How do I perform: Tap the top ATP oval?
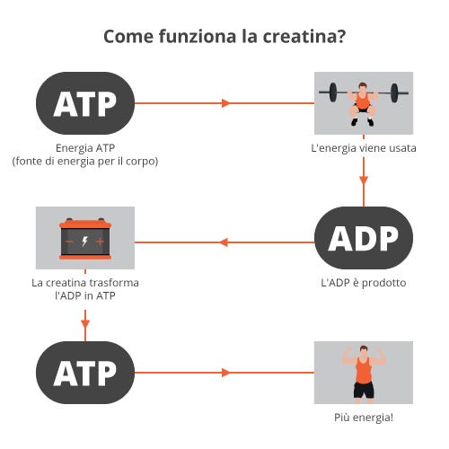(85, 103)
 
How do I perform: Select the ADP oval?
(364, 238)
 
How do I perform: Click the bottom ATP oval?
(85, 373)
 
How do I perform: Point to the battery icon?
(85, 239)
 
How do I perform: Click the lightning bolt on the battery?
(85, 241)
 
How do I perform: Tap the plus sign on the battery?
(101, 242)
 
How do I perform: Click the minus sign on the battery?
(69, 242)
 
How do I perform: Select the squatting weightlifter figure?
(363, 104)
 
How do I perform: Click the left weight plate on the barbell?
(333, 92)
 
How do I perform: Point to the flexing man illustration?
(364, 374)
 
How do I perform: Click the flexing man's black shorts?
(364, 390)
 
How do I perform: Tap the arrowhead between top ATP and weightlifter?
(225, 103)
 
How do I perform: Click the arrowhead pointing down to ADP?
(364, 180)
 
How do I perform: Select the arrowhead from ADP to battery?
(224, 242)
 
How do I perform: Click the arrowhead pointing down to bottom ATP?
(85, 324)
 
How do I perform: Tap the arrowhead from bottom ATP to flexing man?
(225, 373)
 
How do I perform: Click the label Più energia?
(364, 418)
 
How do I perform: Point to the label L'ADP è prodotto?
(364, 283)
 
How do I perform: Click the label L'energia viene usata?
(364, 148)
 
